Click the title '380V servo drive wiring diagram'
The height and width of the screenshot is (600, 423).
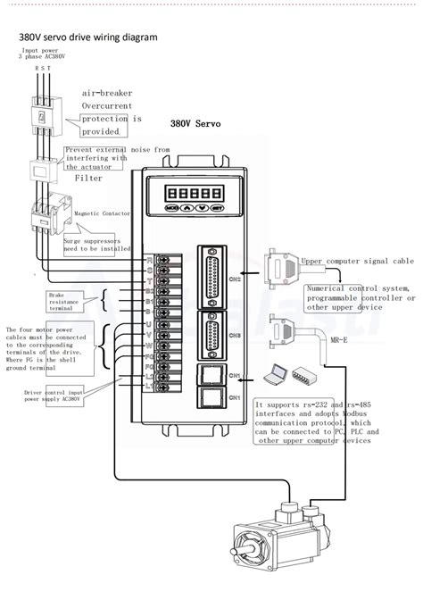tap(88, 37)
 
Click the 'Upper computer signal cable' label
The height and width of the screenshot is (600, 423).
tap(356, 262)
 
